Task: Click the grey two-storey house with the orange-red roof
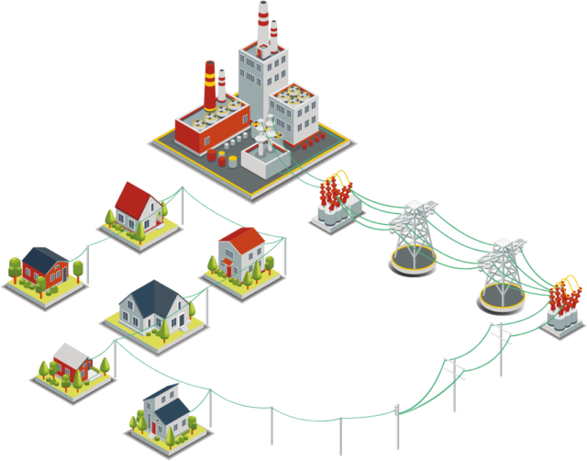241,253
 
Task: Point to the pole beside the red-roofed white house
182,207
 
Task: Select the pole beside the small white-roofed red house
116,358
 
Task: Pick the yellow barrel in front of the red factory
233,162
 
